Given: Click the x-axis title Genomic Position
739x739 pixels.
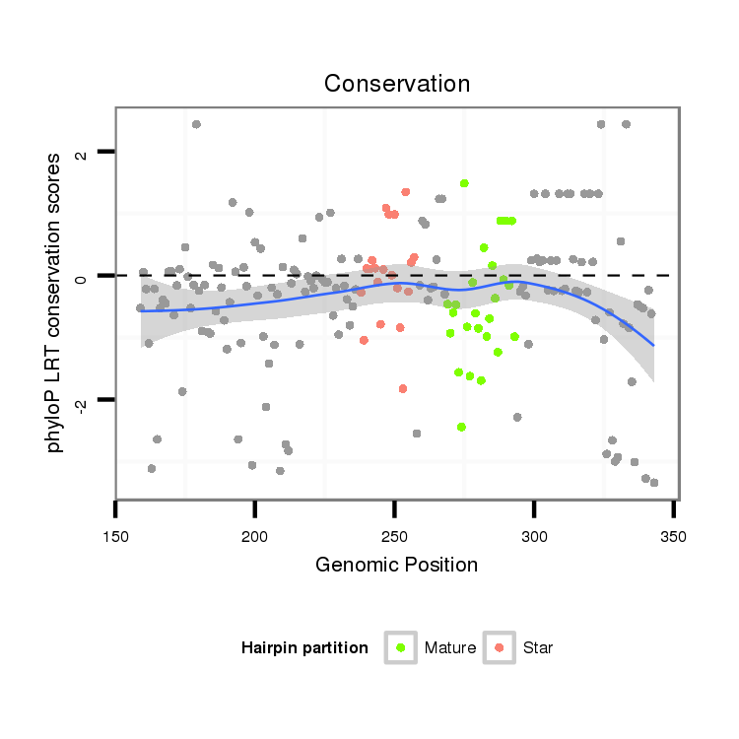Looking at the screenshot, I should [396, 565].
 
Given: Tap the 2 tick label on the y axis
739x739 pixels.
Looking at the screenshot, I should [82, 154].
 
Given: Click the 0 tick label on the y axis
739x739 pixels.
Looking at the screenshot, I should [82, 277].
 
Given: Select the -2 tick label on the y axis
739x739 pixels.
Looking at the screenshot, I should [82, 402].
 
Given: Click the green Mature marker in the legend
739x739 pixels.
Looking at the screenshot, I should [401, 647].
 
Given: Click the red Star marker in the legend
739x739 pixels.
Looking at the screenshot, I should [500, 647].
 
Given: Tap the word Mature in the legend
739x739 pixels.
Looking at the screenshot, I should [450, 647].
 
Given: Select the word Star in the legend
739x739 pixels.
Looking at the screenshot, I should [537, 647].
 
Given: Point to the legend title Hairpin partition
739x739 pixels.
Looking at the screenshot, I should [304, 647].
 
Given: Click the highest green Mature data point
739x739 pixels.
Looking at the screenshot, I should [464, 183].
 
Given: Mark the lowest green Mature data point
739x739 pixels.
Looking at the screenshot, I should [461, 427].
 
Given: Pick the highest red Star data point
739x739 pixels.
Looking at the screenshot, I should [405, 192].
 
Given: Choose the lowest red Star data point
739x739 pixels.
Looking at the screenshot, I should [403, 388].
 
